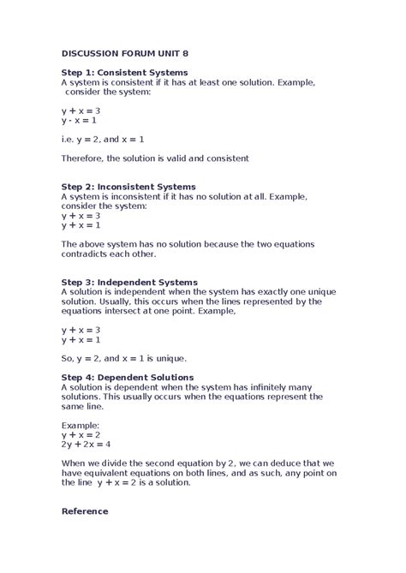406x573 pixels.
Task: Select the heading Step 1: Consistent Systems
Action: tap(124, 72)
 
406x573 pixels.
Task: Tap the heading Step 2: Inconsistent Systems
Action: tap(128, 186)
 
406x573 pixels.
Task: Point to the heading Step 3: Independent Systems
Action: tap(129, 282)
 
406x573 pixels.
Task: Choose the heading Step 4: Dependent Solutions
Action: tap(128, 377)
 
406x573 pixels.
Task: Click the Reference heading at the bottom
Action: tap(85, 511)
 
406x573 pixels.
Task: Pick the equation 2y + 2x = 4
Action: tap(86, 444)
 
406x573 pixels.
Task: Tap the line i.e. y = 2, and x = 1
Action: tap(103, 139)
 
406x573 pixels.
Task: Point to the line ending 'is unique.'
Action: tap(124, 358)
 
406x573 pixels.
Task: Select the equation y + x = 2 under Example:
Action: tap(81, 434)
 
